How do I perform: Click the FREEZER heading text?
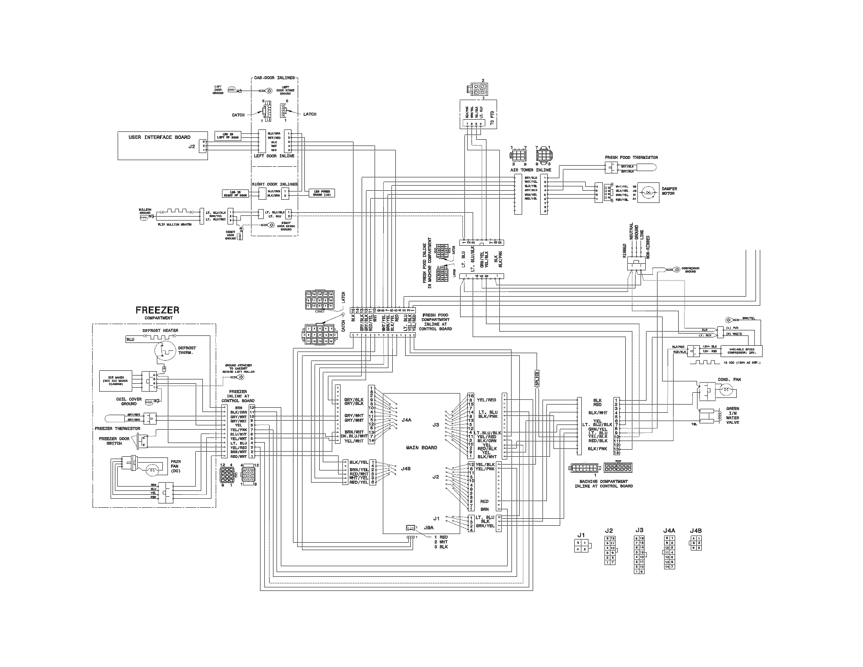tap(157, 310)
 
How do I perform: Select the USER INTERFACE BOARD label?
tap(159, 137)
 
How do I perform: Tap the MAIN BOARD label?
tap(421, 448)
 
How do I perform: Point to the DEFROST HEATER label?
tap(160, 330)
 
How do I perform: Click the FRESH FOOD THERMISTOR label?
tap(631, 157)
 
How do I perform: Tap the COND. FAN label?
tap(729, 379)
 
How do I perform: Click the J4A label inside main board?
tap(406, 420)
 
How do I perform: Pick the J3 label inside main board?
tap(435, 425)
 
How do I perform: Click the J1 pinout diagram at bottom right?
tap(581, 547)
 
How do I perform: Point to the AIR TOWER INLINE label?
tap(530, 170)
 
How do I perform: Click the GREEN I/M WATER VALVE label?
tap(732, 415)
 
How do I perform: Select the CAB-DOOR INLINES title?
tap(275, 78)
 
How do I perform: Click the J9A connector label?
tap(428, 527)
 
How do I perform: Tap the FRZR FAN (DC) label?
tap(176, 466)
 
